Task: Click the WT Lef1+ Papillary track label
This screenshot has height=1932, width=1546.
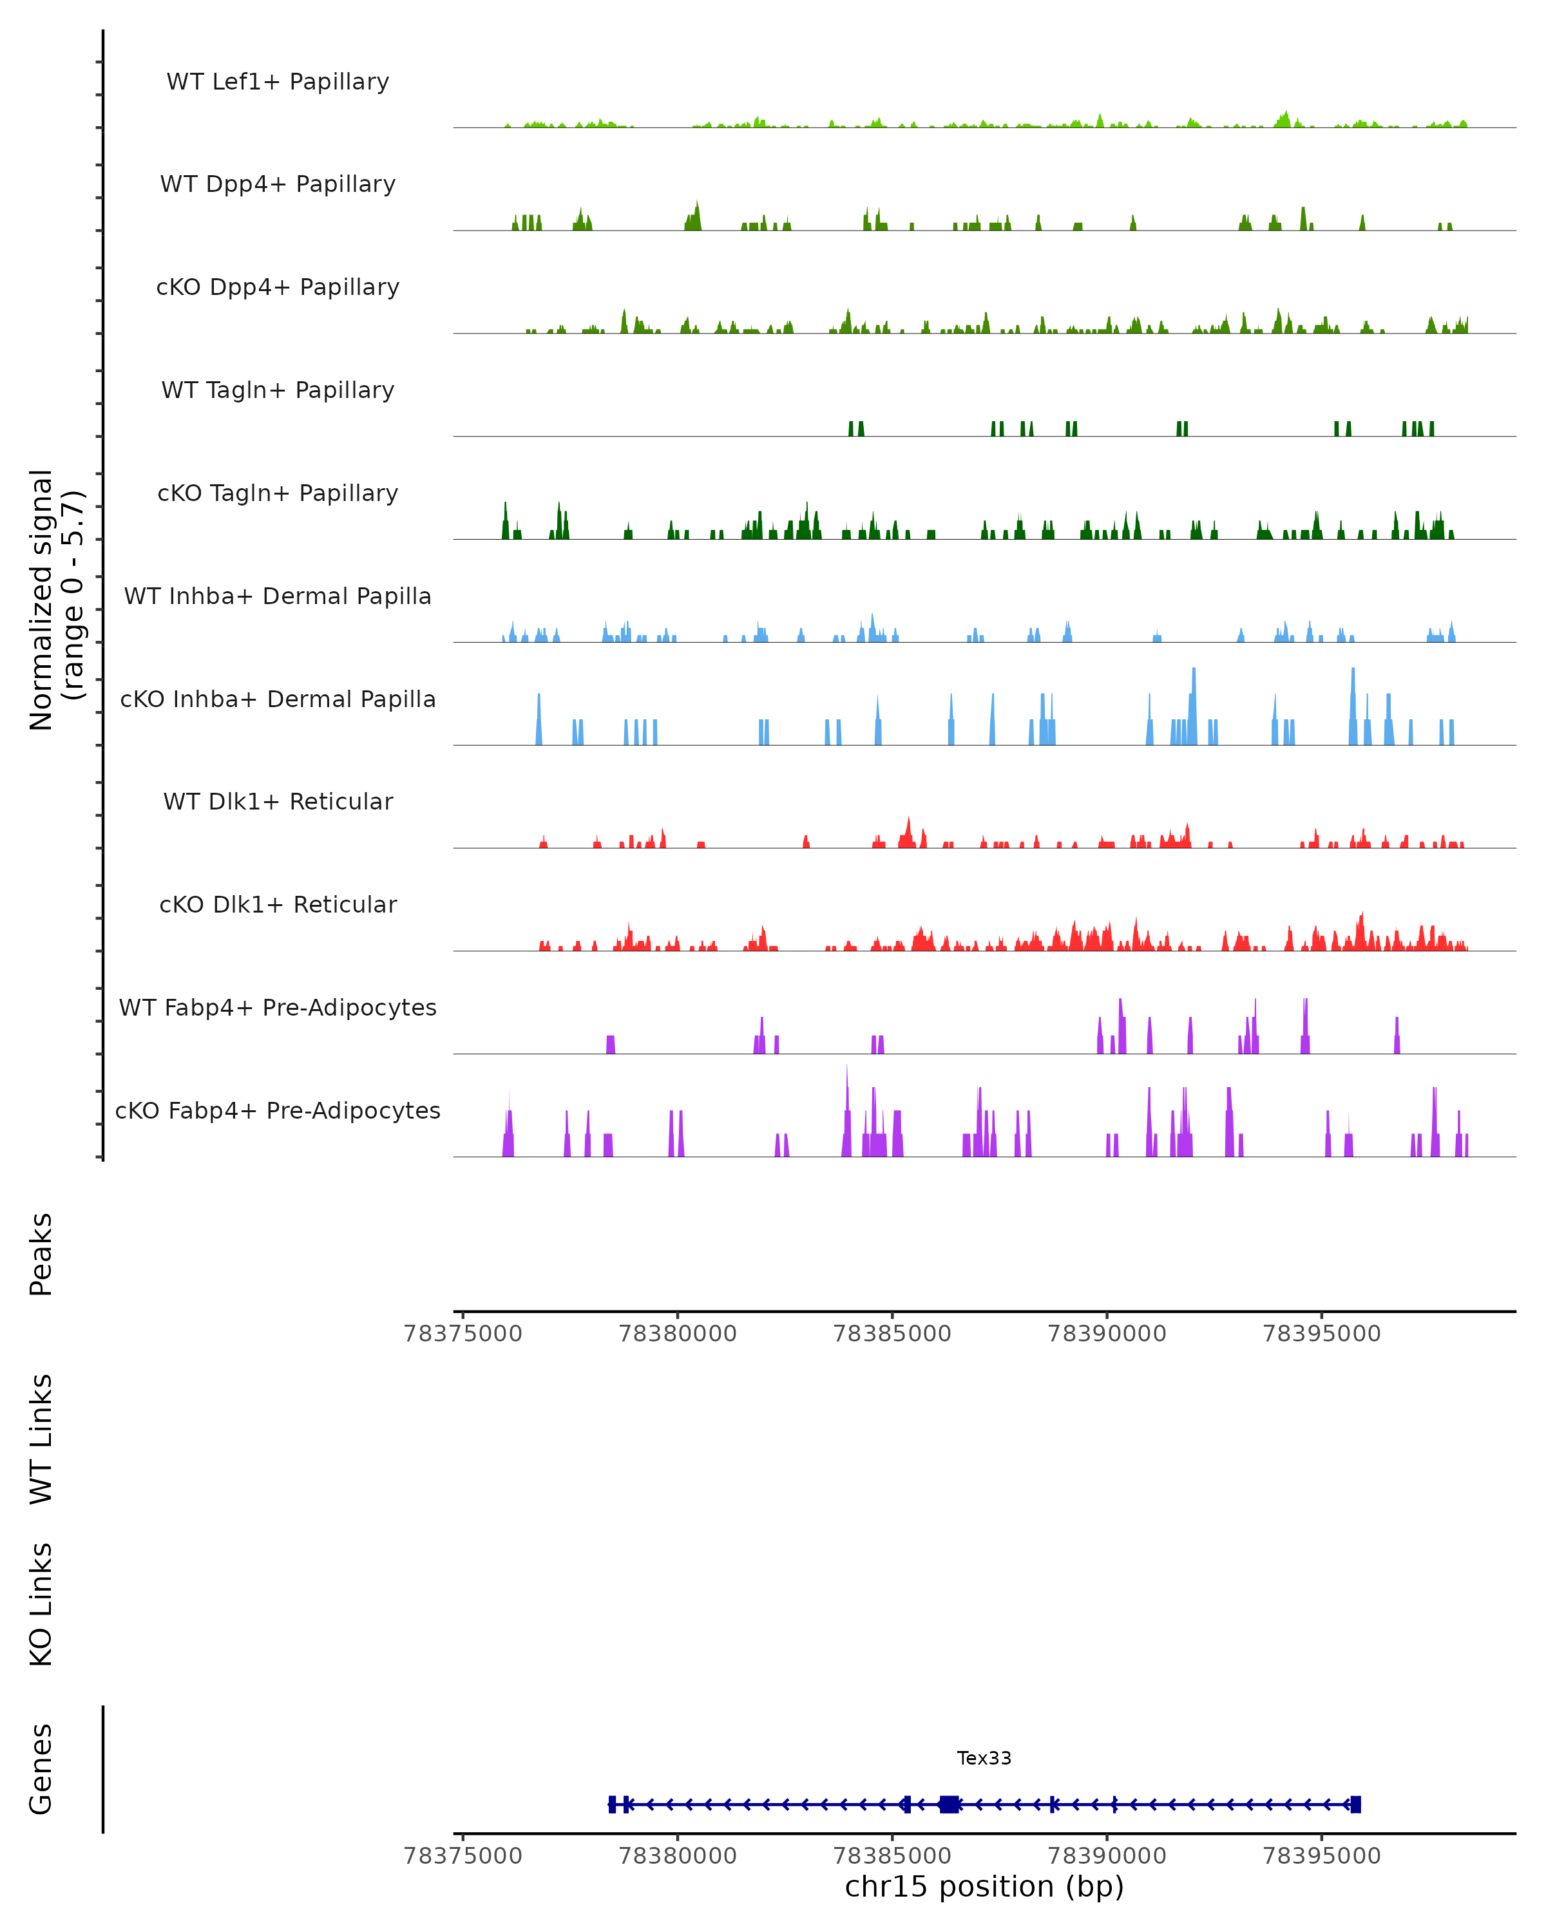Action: pyautogui.click(x=278, y=82)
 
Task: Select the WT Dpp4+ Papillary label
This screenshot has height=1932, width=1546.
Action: pyautogui.click(x=278, y=185)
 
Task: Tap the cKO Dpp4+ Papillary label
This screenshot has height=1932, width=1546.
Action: pyautogui.click(x=278, y=288)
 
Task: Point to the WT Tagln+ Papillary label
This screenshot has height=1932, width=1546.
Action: pyautogui.click(x=278, y=391)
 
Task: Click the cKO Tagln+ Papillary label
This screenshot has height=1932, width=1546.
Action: pyautogui.click(x=278, y=494)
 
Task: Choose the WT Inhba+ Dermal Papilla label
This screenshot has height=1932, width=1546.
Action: pyautogui.click(x=278, y=597)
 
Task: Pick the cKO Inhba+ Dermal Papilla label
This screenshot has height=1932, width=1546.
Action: pyautogui.click(x=278, y=700)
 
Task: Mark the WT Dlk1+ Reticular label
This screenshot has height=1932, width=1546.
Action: pyautogui.click(x=278, y=802)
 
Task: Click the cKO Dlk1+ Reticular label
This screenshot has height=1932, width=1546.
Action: pyautogui.click(x=278, y=905)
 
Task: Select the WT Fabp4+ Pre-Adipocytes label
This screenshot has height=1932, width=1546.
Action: pyautogui.click(x=278, y=1008)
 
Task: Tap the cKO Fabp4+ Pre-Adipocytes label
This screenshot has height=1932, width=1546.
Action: pyautogui.click(x=278, y=1111)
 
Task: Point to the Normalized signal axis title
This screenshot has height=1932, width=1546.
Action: pyautogui.click(x=55, y=600)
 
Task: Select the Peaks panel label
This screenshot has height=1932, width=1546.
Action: pyautogui.click(x=41, y=1255)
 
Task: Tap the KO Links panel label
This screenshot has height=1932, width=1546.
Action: pyautogui.click(x=41, y=1604)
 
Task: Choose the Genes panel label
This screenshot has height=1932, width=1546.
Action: pyautogui.click(x=41, y=1769)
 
